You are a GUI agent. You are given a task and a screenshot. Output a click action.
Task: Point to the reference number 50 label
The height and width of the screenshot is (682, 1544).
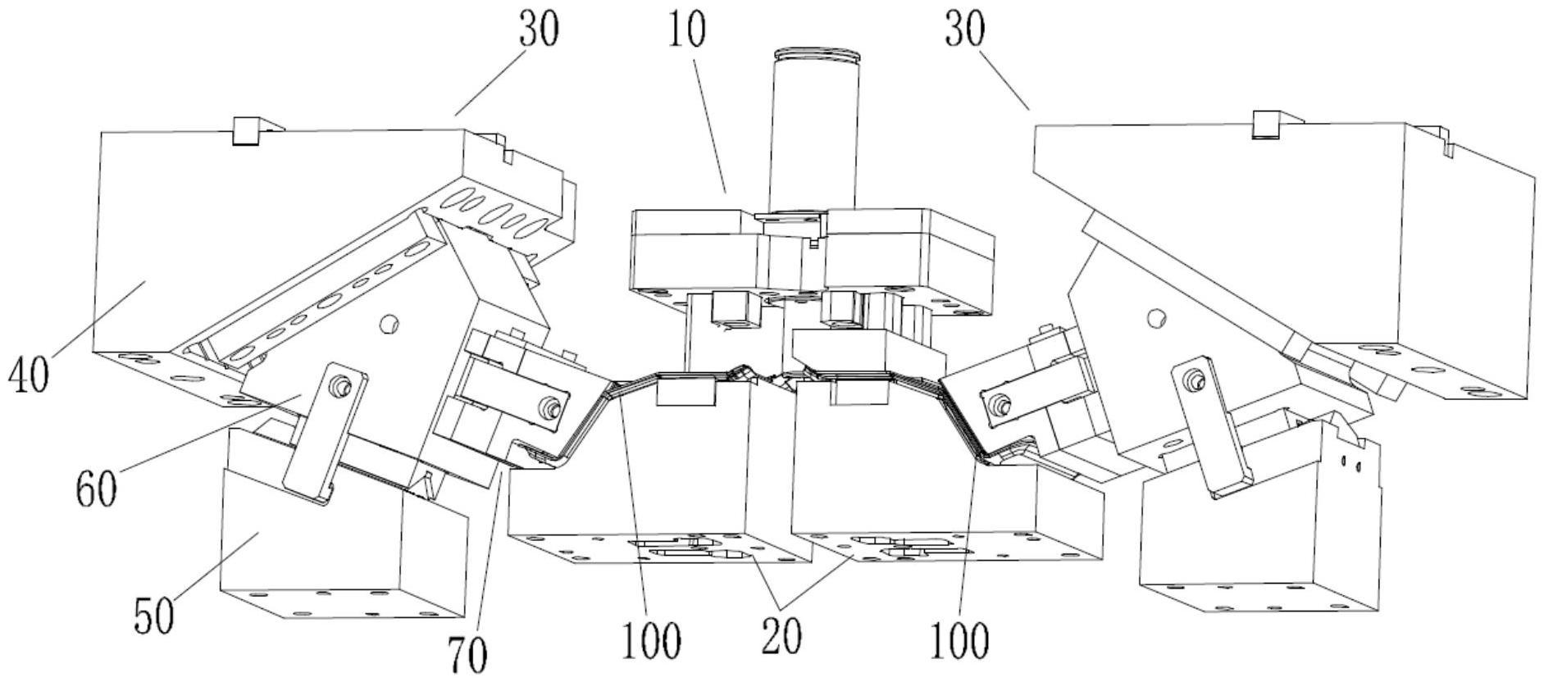(x=154, y=615)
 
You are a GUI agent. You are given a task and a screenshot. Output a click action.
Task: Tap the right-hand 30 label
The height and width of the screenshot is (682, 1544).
(x=966, y=30)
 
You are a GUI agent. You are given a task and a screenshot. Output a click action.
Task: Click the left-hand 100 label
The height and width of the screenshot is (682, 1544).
(x=650, y=640)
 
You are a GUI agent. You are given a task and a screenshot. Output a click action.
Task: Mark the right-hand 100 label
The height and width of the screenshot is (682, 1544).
(x=959, y=640)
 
